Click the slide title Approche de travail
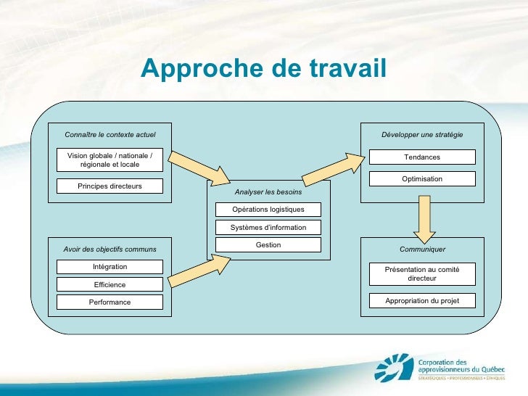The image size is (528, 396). tap(264, 69)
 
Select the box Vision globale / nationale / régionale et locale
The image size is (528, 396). tap(110, 160)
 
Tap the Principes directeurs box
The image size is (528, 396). tap(110, 186)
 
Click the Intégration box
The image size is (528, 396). tap(110, 267)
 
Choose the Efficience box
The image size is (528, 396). tap(110, 284)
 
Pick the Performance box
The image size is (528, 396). tap(110, 302)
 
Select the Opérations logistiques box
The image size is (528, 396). tap(268, 210)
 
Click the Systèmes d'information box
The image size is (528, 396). tap(268, 227)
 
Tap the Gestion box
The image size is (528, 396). tap(268, 245)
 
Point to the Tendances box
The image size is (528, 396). tap(422, 157)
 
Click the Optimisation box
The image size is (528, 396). tap(422, 178)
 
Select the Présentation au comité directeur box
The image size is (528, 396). tap(422, 273)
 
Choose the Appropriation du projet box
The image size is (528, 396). tap(422, 300)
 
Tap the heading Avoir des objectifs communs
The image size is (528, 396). tap(110, 249)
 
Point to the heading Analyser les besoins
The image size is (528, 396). tap(268, 192)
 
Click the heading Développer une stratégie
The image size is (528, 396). tap(422, 135)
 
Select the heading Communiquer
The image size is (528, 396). tap(422, 249)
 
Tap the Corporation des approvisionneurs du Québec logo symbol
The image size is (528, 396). tap(395, 367)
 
